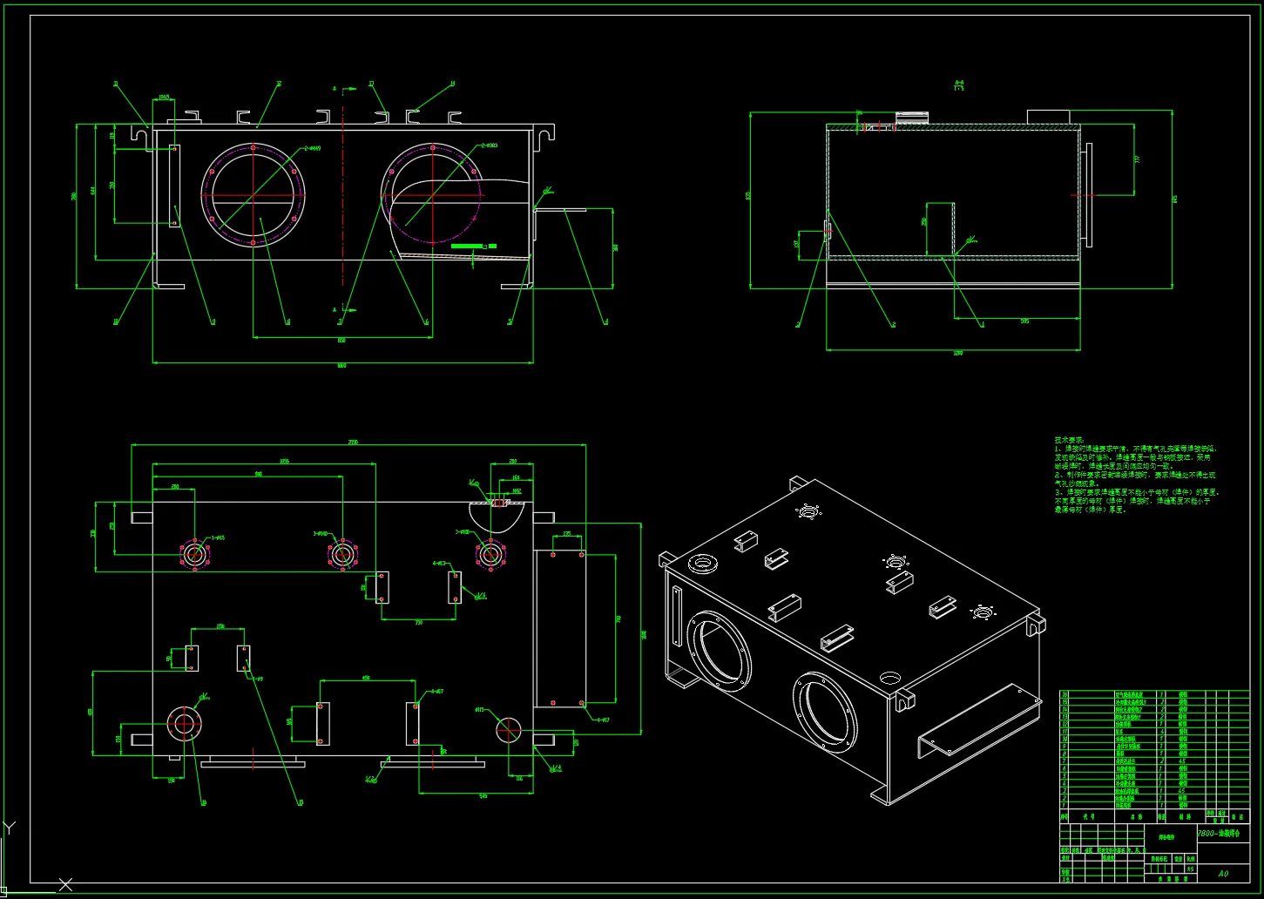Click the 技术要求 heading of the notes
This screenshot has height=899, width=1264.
(x=1070, y=440)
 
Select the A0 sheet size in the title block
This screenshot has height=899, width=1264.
(x=1223, y=873)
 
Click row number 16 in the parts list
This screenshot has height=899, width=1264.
(x=1064, y=694)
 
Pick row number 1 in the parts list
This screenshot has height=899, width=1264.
(x=1064, y=806)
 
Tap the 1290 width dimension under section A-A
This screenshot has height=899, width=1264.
(x=958, y=353)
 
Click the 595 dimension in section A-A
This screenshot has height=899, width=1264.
(x=1024, y=321)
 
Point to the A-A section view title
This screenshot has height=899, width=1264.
(x=959, y=84)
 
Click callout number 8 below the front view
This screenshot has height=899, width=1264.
(x=288, y=322)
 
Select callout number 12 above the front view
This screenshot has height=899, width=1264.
(x=279, y=84)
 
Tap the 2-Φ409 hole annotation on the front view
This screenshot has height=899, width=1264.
(x=312, y=148)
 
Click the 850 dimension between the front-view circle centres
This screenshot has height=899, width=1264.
(x=341, y=340)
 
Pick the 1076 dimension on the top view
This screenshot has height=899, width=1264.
(x=284, y=461)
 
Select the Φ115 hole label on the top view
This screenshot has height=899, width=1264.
(x=480, y=710)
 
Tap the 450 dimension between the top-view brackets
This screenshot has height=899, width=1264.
(x=366, y=677)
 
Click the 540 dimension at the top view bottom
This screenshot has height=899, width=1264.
(x=483, y=795)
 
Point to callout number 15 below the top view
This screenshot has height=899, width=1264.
(x=301, y=802)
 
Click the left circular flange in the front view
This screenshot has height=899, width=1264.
(x=253, y=195)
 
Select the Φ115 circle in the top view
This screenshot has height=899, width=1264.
(x=508, y=730)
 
